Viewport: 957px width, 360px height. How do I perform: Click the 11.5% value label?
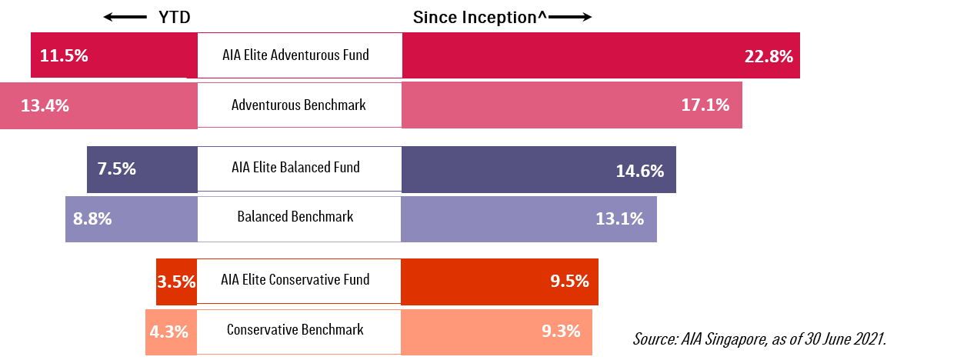(x=64, y=56)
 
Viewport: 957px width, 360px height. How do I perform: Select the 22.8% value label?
(x=768, y=57)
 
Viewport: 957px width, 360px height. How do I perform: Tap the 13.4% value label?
(x=45, y=106)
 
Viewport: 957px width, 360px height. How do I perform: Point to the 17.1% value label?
(x=705, y=105)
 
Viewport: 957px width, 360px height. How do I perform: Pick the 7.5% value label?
(x=116, y=169)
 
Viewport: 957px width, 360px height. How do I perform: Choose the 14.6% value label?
(x=639, y=172)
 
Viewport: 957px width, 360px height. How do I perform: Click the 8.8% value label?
(x=92, y=219)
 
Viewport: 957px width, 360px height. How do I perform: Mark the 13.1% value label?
(x=619, y=219)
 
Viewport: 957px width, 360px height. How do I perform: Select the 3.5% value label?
(x=176, y=282)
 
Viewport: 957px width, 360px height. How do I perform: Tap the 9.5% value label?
(x=569, y=282)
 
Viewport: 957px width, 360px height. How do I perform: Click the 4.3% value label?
(x=168, y=332)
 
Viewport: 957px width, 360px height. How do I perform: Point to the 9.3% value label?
(x=561, y=332)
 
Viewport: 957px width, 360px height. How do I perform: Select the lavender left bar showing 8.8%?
(x=154, y=219)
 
